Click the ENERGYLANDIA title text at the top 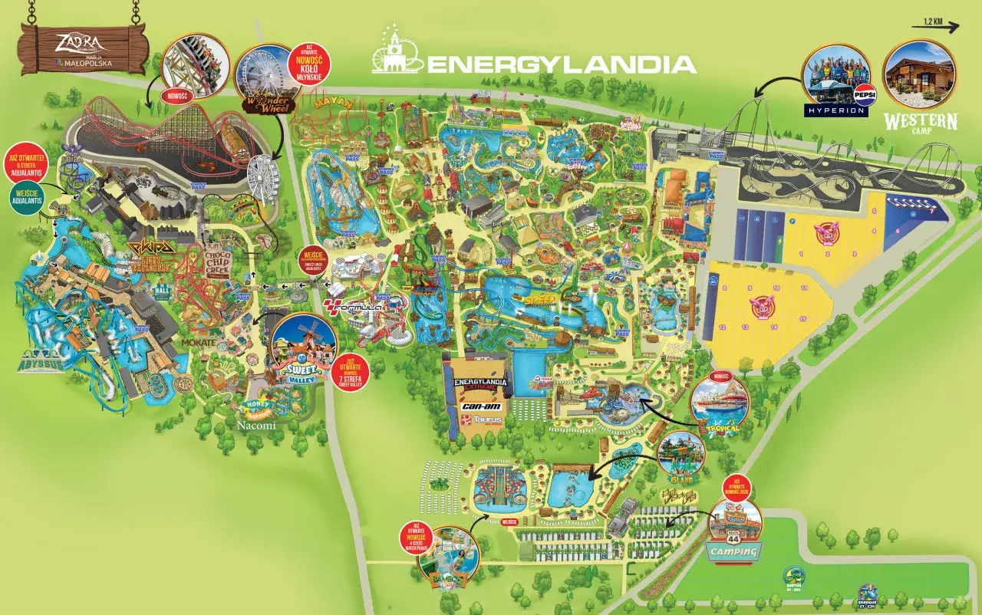[x=560, y=64]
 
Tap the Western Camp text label [x=920, y=122]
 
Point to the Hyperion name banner [x=835, y=110]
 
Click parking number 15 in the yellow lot [x=802, y=318]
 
